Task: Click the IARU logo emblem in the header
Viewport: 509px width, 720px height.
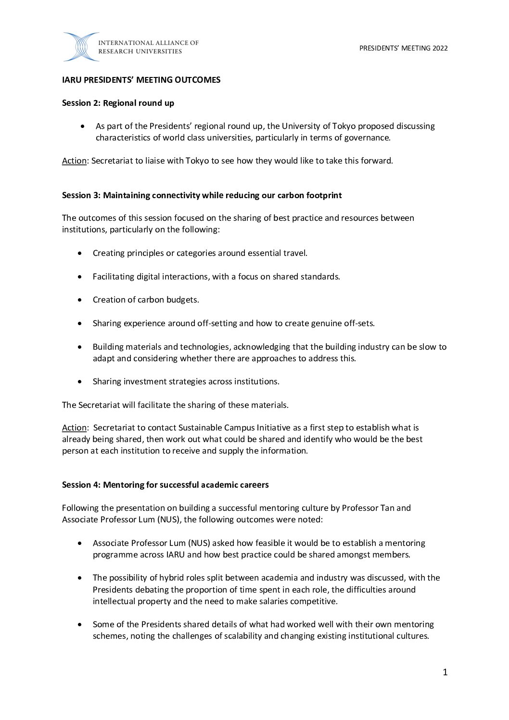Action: coord(80,47)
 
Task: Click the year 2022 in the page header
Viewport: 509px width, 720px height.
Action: coord(440,48)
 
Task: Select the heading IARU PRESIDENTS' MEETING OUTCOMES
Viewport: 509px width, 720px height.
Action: coord(141,80)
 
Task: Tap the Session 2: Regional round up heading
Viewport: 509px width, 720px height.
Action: coord(118,103)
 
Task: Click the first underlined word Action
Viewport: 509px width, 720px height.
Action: coord(74,161)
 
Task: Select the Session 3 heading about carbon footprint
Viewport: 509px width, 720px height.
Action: coord(202,195)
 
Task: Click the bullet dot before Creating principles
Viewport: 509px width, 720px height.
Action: coord(80,253)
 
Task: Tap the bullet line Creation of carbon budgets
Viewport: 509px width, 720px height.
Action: coord(146,300)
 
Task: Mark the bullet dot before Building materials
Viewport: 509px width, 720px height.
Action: coord(80,347)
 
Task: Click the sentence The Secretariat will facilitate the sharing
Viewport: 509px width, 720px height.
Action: coord(175,405)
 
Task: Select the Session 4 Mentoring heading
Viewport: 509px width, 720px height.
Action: coord(165,485)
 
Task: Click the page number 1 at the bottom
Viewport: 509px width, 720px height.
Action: coord(445,672)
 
